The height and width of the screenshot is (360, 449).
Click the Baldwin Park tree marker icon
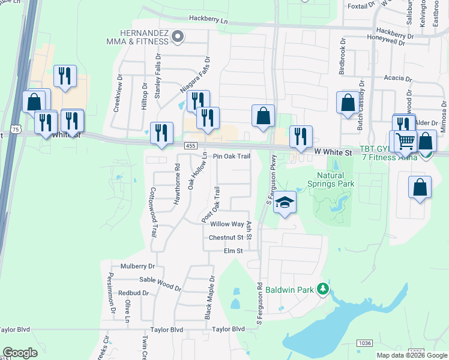(323, 289)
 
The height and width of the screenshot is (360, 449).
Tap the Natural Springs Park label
(330, 179)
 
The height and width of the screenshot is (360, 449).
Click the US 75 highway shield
(16, 129)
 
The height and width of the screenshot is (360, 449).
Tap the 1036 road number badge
(364, 343)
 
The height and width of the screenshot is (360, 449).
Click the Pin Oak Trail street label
(232, 156)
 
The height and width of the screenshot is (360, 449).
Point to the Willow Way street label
(227, 224)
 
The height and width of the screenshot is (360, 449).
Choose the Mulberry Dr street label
(137, 266)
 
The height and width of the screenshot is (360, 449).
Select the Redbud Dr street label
(133, 293)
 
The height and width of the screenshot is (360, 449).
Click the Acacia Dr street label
(398, 79)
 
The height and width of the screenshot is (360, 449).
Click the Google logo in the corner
(20, 353)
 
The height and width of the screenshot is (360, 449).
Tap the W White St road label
(333, 153)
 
